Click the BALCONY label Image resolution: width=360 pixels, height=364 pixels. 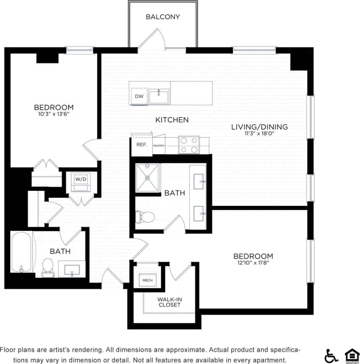tap(163, 17)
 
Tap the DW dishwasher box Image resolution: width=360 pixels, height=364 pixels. tap(139, 96)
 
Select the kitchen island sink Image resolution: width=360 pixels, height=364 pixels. tap(159, 97)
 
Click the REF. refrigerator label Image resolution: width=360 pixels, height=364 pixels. tap(140, 144)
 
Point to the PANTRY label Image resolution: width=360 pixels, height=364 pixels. tap(158, 146)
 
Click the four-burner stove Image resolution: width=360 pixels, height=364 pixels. tap(188, 145)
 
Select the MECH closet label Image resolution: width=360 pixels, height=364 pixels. tap(147, 280)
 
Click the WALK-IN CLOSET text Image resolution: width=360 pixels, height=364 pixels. tap(169, 302)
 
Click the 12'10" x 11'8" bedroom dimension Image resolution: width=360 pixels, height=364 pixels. tap(253, 263)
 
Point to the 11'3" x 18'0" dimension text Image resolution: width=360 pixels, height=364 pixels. tap(260, 133)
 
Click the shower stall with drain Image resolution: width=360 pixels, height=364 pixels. tap(148, 177)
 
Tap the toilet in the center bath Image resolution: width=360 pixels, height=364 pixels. tap(145, 217)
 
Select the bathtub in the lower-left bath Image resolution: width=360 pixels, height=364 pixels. tap(21, 253)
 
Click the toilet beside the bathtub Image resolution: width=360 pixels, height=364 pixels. tap(48, 267)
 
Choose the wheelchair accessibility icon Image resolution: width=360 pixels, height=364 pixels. tap(331, 355)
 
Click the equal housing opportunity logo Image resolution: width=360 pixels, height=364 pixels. tap(352, 355)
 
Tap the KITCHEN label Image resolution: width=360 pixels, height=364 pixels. tap(172, 120)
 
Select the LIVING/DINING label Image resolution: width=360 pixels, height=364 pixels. tap(260, 127)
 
